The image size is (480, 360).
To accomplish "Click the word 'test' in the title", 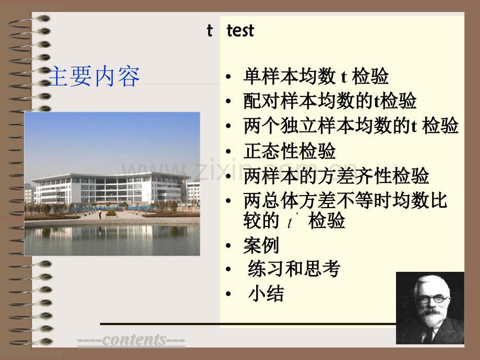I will pos(240,31).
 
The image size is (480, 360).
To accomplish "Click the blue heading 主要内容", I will pos(94,77).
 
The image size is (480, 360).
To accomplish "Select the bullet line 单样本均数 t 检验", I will pos(316,77).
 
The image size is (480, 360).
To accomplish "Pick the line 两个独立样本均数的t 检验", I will pos(351,126).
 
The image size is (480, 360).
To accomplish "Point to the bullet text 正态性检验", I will pos(290,151).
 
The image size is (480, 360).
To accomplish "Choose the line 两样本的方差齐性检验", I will pos(336,176).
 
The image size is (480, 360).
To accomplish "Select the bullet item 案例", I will pos(261,245).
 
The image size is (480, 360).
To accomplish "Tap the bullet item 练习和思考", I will pos(294,269).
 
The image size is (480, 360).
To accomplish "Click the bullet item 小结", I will pos(266,294).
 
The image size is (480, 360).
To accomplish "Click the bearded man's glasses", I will pos(432,299).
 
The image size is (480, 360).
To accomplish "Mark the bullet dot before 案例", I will pos(229,246).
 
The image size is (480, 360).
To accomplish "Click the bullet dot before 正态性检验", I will pos(229,152).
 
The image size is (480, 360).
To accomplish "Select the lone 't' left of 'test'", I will pos(209,31).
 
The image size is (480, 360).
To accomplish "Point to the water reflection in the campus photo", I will pos(112,237).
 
